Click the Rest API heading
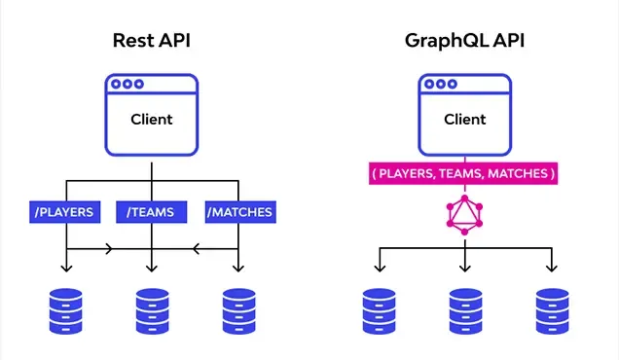(x=152, y=40)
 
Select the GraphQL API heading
(x=464, y=41)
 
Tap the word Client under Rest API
(x=152, y=120)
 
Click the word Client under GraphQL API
(x=465, y=120)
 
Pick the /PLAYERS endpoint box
(x=65, y=212)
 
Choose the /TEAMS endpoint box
(x=152, y=212)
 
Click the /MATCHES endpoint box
(x=240, y=212)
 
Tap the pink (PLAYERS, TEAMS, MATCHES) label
(x=463, y=173)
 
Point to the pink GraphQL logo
(x=464, y=215)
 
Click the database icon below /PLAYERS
(x=66, y=311)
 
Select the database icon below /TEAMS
(x=153, y=311)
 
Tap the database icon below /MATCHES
(x=238, y=311)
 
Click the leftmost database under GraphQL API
(x=380, y=311)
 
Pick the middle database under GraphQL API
(x=466, y=311)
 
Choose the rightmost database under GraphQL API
(x=552, y=311)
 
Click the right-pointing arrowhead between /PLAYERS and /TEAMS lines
(x=109, y=249)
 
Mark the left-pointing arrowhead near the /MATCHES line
(x=196, y=249)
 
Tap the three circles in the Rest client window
(x=127, y=84)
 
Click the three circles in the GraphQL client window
(x=441, y=84)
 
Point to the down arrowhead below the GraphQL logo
(x=465, y=268)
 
